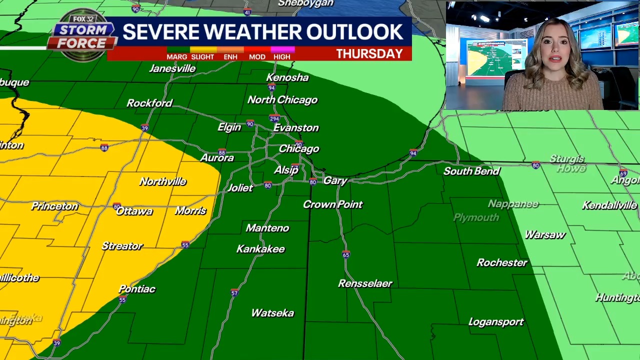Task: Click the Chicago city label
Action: [x=298, y=149]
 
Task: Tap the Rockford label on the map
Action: [x=149, y=103]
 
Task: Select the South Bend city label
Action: [x=471, y=171]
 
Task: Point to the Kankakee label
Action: [x=260, y=249]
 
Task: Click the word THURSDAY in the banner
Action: [x=369, y=54]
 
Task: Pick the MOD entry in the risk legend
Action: [x=257, y=57]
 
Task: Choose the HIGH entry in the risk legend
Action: [x=281, y=57]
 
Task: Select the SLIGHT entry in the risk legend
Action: [x=202, y=57]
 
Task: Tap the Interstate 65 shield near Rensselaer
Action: [x=346, y=255]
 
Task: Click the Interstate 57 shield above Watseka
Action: [x=234, y=293]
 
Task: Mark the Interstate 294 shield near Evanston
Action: [x=274, y=118]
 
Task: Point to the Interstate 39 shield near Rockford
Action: [x=144, y=128]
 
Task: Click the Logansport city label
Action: [x=495, y=322]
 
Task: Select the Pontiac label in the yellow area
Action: [x=137, y=289]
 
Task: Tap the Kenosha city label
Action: [x=287, y=77]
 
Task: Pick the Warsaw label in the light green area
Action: [x=544, y=235]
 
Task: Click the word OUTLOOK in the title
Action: [x=354, y=32]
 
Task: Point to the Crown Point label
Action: [x=332, y=204]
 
